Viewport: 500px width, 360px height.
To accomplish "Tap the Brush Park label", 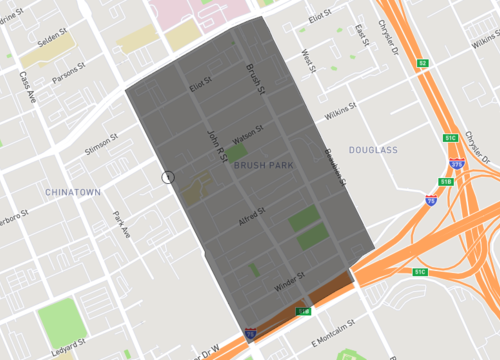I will point(264,165).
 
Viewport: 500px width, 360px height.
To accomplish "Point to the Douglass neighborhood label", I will point(373,149).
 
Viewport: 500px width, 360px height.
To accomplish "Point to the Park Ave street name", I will point(122,224).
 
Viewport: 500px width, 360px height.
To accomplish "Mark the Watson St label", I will point(246,131).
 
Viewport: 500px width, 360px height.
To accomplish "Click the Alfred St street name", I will point(250,213).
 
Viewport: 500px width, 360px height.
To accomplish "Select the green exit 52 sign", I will point(423,63).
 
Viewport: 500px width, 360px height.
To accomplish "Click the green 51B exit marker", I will point(447,182).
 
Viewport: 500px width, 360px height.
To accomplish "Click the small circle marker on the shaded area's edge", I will point(168,177).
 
